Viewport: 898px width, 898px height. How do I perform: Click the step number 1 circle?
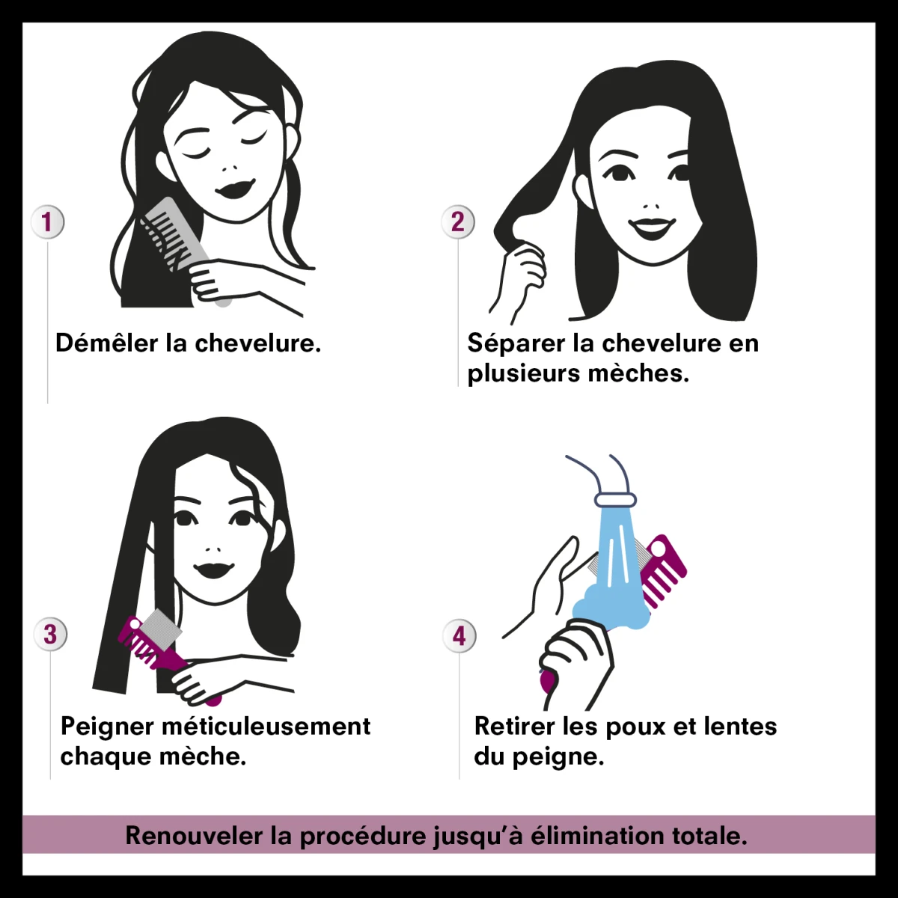(x=47, y=222)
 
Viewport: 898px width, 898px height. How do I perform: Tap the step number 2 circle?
(x=458, y=222)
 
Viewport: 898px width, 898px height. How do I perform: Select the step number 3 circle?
(x=50, y=635)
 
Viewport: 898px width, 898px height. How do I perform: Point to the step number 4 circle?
(x=459, y=635)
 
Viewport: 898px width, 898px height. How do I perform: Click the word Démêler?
(x=107, y=343)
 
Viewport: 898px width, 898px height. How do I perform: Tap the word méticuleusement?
(x=266, y=726)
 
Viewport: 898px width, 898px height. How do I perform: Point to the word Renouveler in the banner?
(x=195, y=836)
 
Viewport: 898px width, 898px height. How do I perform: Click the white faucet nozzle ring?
(x=615, y=500)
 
